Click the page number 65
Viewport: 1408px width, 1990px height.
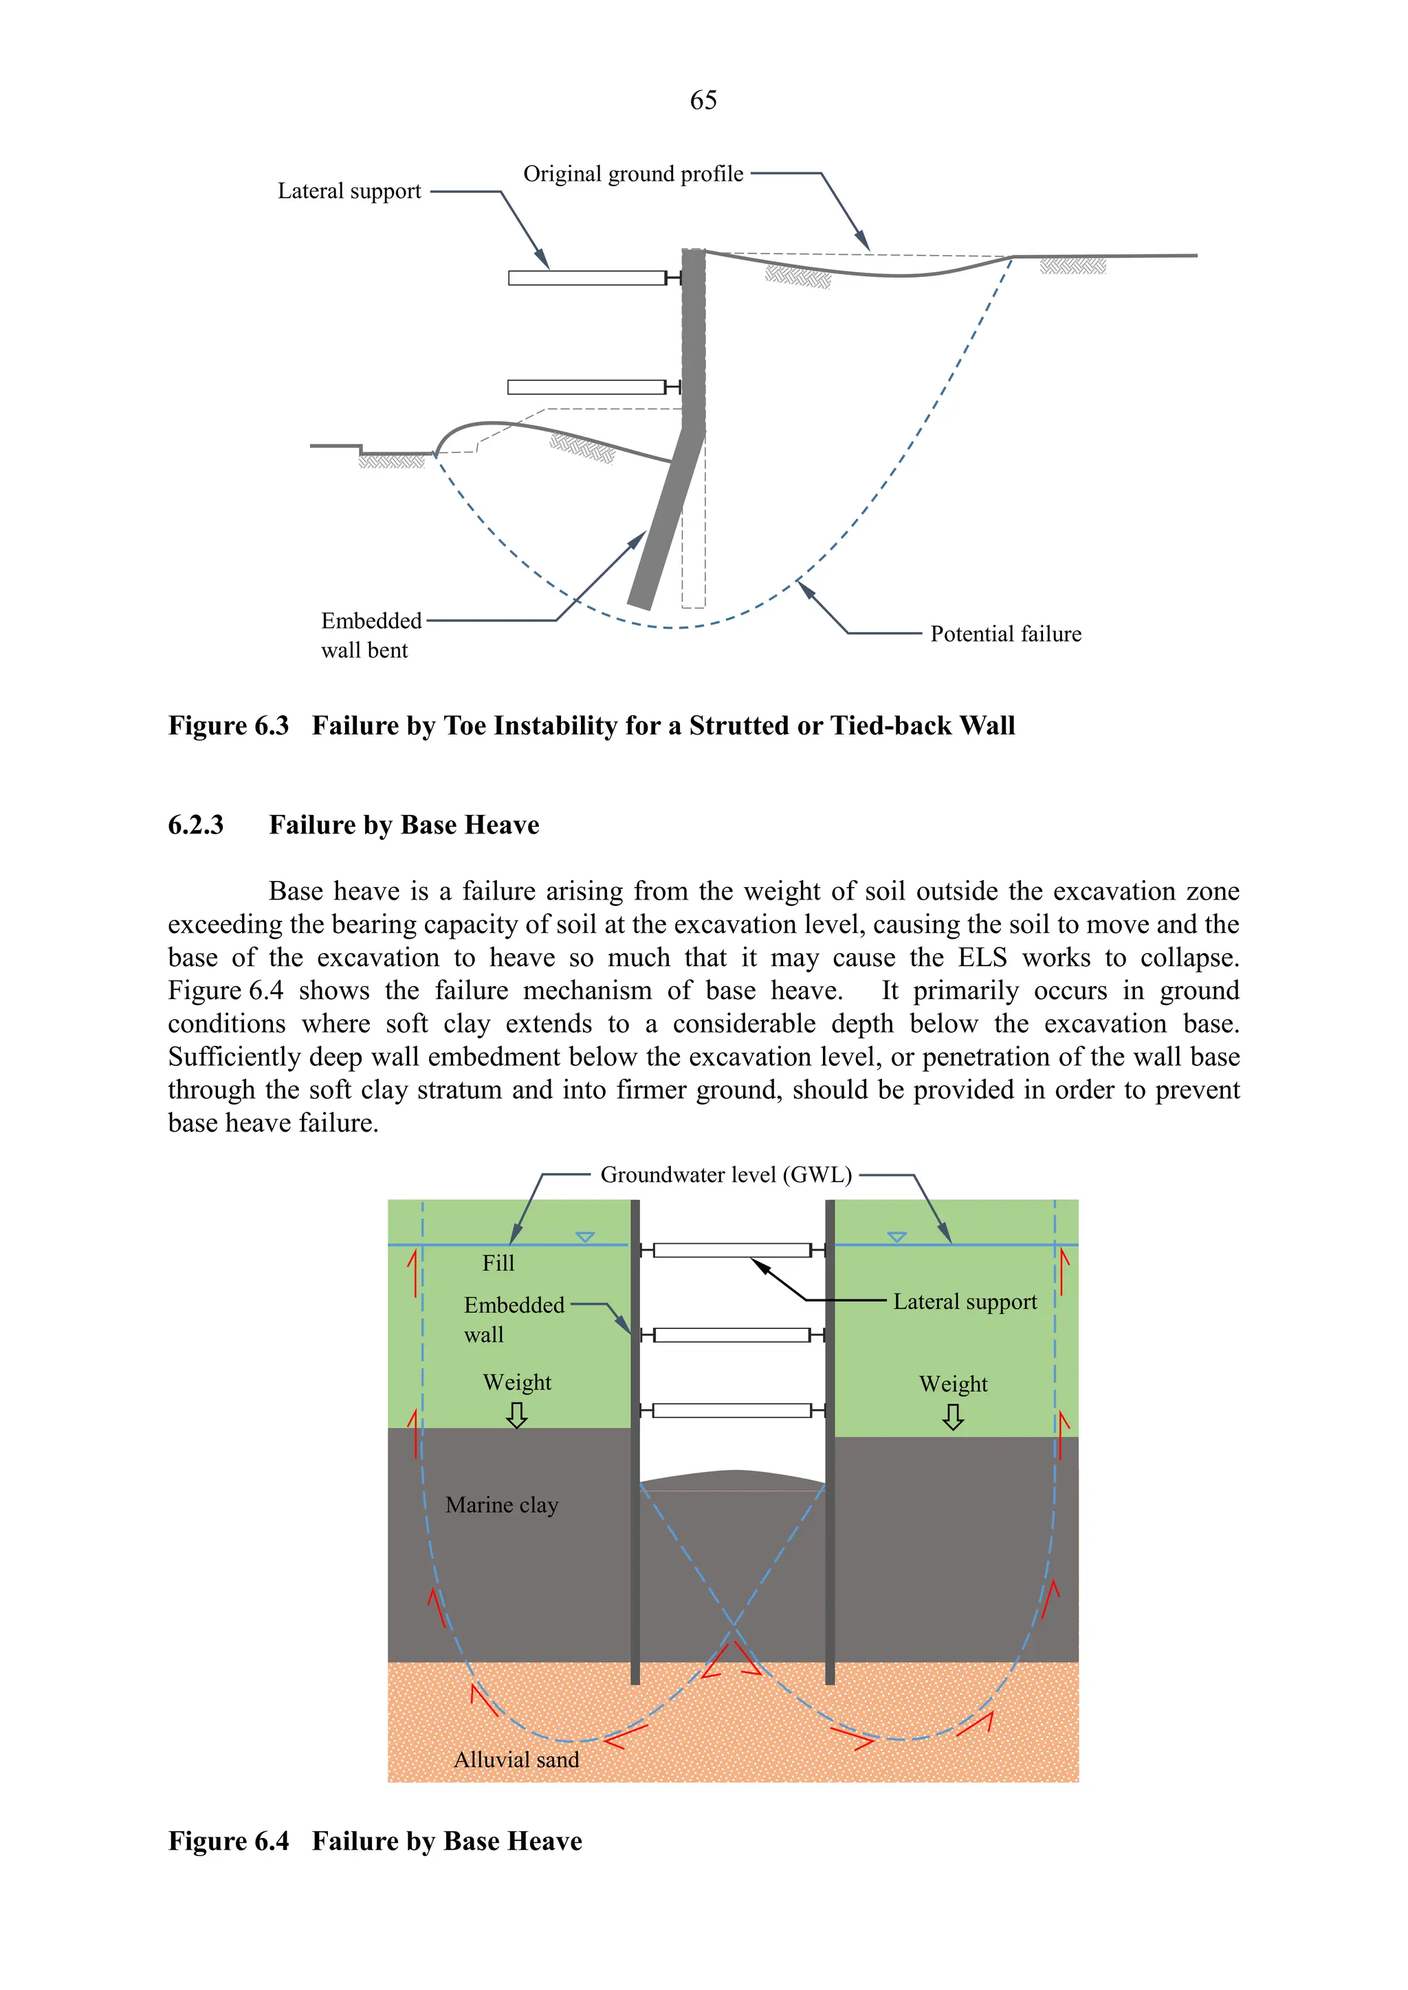[703, 100]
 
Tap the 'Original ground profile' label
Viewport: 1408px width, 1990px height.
[633, 175]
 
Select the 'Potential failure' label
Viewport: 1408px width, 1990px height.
[1006, 634]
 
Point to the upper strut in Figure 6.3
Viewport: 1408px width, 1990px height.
[587, 278]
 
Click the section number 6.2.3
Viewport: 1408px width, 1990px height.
[196, 825]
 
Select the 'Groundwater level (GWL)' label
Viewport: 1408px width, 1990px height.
[726, 1175]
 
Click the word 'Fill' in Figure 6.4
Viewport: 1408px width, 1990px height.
[498, 1264]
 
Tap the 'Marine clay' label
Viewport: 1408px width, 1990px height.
[502, 1506]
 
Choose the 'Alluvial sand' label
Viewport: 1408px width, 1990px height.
[517, 1760]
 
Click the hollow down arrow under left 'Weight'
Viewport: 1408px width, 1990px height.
[517, 1416]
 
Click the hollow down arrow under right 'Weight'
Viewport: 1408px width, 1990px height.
[953, 1417]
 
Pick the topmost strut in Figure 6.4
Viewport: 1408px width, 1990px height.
[733, 1250]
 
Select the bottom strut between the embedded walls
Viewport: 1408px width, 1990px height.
[733, 1411]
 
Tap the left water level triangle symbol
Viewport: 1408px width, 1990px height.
[585, 1237]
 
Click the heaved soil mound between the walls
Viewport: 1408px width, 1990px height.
[734, 1479]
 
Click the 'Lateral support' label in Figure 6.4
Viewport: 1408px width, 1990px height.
[965, 1303]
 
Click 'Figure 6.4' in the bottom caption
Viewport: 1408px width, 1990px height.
[228, 1841]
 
